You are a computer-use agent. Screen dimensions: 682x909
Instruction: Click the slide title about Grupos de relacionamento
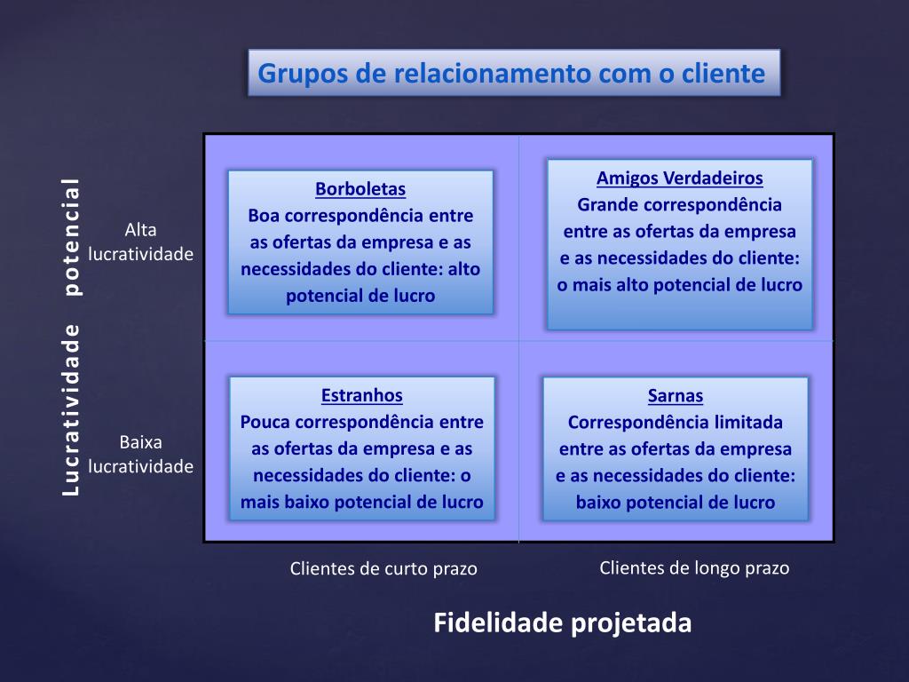[511, 73]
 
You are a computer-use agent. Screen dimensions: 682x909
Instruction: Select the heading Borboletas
[360, 189]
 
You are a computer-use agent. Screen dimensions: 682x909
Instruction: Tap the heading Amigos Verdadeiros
[680, 178]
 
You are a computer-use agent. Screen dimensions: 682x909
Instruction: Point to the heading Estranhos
[362, 396]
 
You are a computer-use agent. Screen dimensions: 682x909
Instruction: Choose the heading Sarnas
[676, 396]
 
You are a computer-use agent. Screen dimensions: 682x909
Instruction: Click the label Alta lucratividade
[141, 242]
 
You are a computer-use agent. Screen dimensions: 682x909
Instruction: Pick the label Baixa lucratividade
[141, 454]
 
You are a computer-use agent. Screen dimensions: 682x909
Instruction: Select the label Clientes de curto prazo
[383, 568]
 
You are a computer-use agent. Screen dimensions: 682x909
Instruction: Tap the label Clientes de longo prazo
[694, 567]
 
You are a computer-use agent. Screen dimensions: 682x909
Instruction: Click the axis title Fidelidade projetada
[562, 623]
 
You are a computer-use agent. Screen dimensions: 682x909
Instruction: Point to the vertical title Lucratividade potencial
[71, 337]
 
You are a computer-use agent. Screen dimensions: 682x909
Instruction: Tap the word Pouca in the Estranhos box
[265, 422]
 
